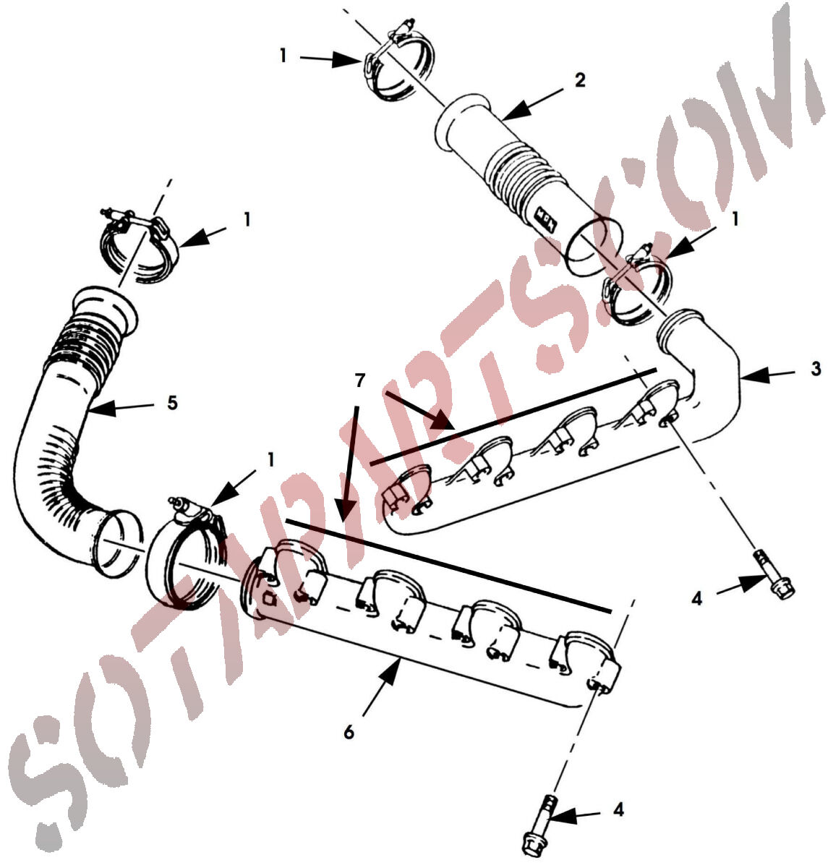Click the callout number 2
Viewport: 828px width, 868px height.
pos(579,80)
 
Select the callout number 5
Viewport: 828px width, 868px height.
pos(172,403)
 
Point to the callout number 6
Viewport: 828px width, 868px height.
pos(349,733)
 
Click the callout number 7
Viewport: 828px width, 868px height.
pos(359,380)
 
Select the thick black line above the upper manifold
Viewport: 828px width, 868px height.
pos(513,417)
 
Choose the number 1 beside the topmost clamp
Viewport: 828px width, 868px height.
pos(283,56)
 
